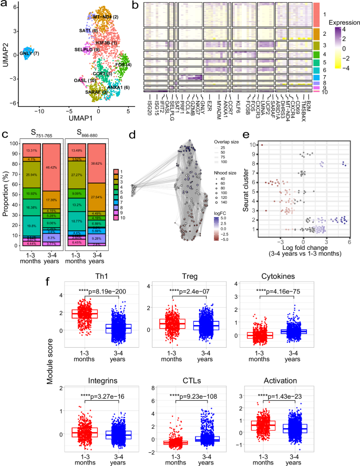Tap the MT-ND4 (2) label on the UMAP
(106, 17)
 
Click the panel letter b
(136, 6)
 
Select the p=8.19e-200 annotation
(88, 291)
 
